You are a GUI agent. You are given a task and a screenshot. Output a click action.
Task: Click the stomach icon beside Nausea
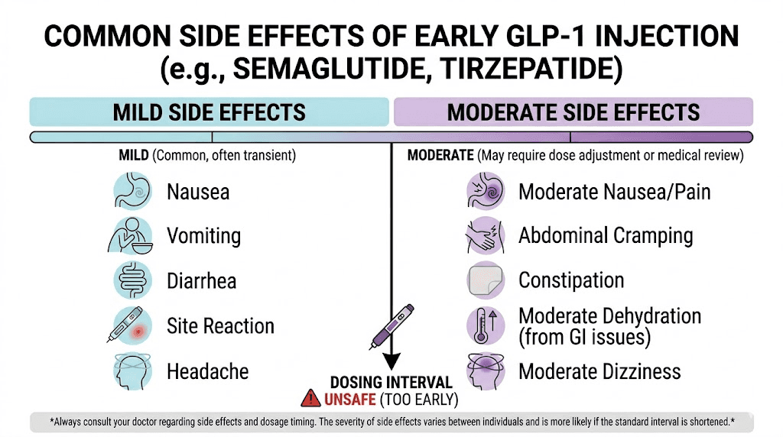click(x=132, y=191)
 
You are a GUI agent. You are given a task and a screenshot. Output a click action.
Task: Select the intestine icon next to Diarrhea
click(x=132, y=280)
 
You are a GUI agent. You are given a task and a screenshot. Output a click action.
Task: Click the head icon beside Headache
click(x=132, y=372)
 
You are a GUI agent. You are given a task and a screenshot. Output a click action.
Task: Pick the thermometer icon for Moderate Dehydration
click(x=486, y=326)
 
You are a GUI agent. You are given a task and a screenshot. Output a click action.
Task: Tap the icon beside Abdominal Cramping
click(x=486, y=235)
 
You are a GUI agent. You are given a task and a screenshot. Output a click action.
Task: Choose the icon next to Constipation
click(x=486, y=280)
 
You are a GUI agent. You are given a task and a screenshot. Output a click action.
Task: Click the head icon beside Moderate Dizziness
click(x=486, y=372)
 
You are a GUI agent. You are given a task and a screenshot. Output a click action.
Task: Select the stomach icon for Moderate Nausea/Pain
click(x=486, y=191)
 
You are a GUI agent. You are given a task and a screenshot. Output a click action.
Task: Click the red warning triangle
click(x=311, y=398)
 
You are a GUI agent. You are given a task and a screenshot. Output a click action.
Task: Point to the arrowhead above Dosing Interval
click(x=391, y=361)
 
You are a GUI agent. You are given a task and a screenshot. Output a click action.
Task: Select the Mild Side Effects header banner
click(x=209, y=112)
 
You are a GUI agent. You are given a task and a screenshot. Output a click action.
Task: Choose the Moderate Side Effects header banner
click(x=573, y=112)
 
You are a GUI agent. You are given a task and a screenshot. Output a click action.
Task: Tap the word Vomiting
click(x=203, y=236)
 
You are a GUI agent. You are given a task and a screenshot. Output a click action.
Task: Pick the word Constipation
click(x=571, y=280)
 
